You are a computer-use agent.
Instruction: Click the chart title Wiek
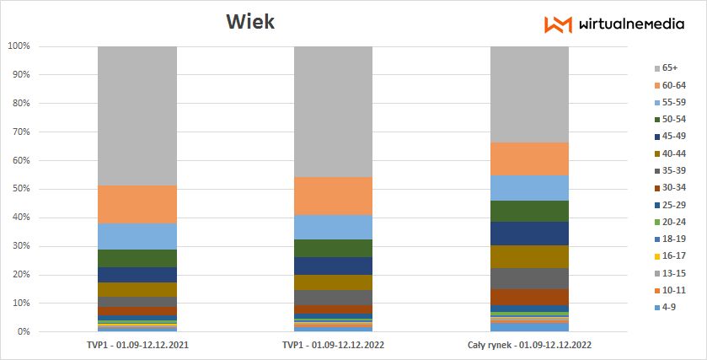coord(249,22)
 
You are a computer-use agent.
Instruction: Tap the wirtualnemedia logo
coord(602,24)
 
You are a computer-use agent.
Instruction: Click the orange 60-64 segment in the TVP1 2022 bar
coord(333,196)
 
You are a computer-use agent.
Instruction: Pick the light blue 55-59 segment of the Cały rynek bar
coord(529,188)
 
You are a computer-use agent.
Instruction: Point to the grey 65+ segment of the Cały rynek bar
coord(529,94)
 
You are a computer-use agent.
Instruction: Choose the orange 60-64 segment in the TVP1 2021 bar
coord(137,204)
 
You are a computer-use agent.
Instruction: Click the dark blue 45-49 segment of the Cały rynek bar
coord(529,234)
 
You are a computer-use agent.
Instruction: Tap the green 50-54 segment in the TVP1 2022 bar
coord(333,248)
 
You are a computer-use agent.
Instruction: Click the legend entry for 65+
coord(669,67)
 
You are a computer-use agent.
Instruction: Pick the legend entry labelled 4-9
coord(669,307)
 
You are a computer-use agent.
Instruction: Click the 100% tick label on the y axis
coord(19,46)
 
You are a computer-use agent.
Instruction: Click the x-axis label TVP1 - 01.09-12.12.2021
coord(137,345)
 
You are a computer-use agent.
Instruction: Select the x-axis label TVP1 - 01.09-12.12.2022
coord(333,345)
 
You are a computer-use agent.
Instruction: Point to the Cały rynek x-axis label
coord(529,345)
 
